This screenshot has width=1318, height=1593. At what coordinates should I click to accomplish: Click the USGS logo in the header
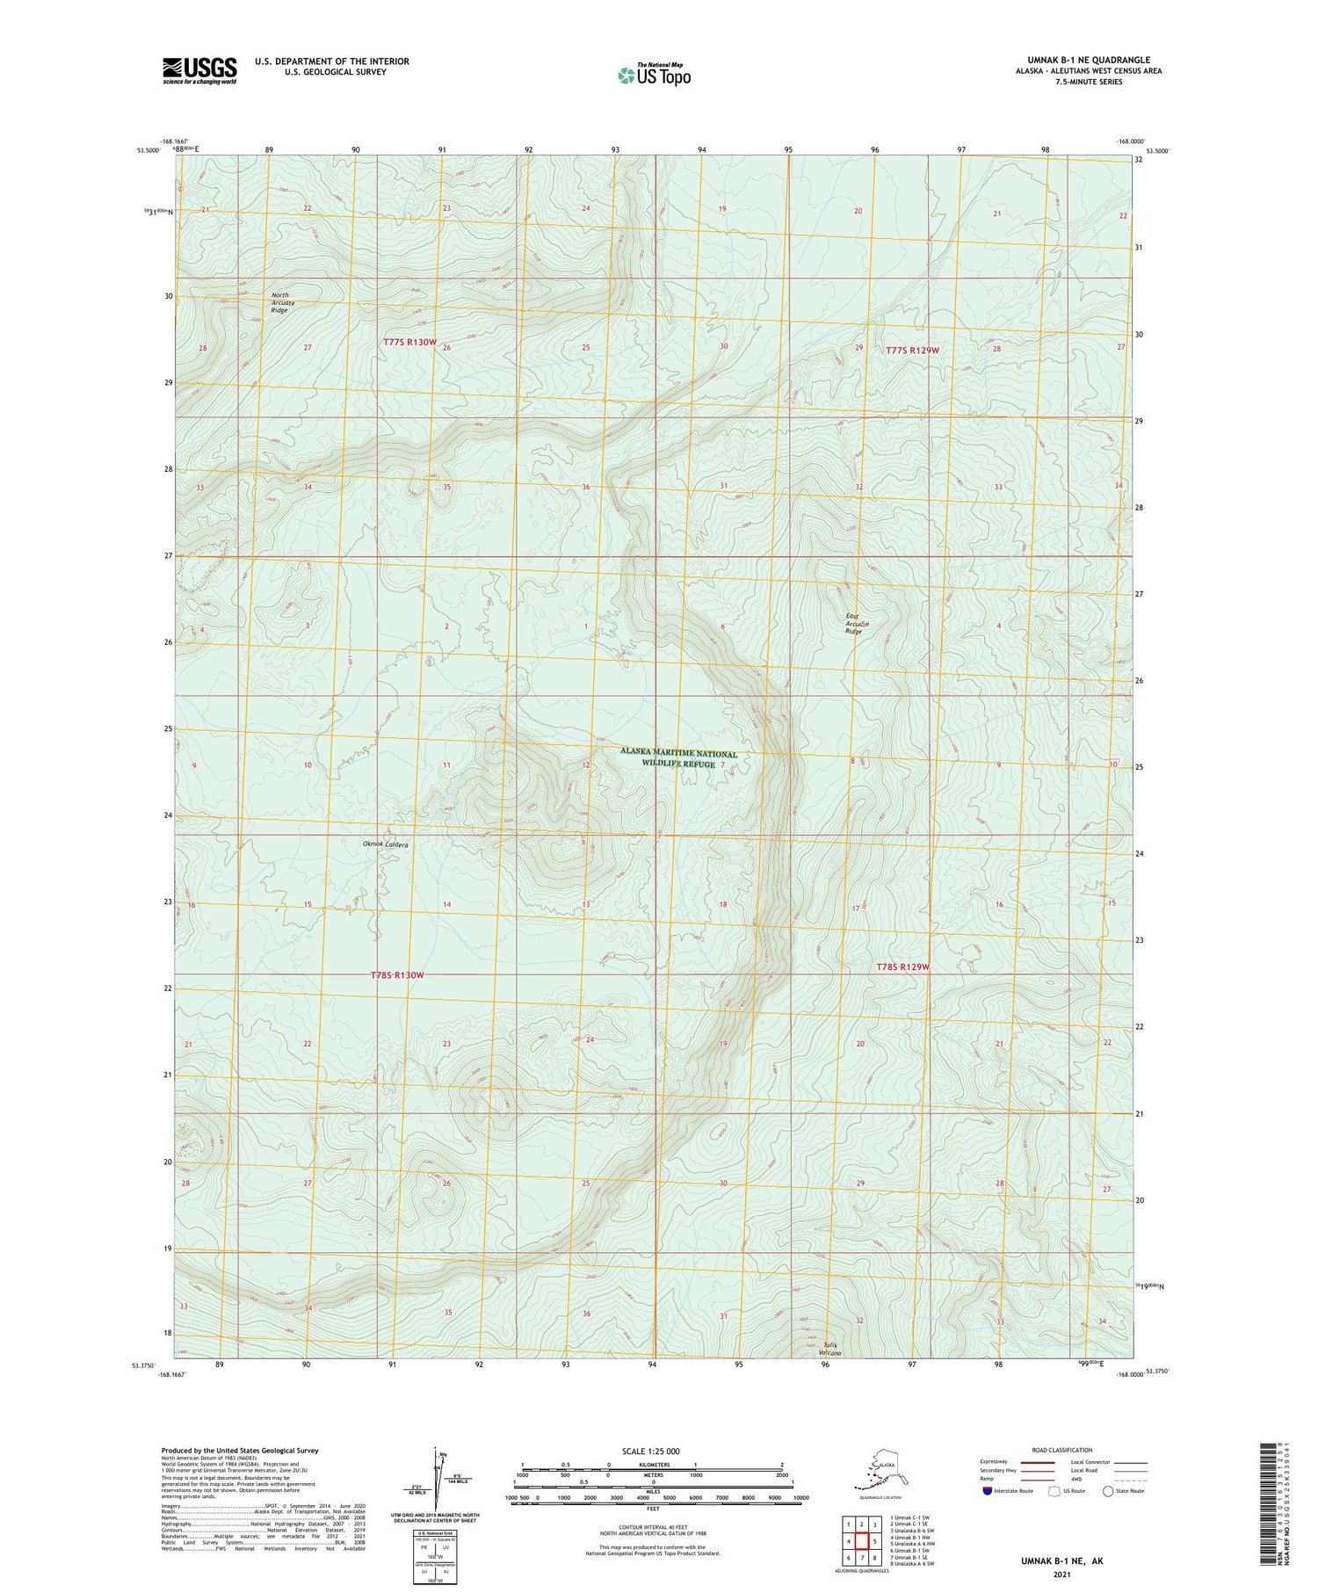199,70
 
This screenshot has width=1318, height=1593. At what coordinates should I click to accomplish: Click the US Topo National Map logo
654,75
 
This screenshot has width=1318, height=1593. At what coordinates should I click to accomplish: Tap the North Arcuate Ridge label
279,302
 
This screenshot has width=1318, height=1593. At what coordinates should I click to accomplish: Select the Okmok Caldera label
385,844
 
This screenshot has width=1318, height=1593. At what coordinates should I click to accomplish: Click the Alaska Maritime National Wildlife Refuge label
678,758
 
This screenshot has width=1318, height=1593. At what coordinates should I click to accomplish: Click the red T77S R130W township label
409,342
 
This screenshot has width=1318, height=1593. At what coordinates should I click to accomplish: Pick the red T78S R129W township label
902,967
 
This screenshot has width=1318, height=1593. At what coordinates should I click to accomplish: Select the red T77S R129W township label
912,350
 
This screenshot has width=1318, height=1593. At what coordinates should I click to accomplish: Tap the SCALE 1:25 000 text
651,1451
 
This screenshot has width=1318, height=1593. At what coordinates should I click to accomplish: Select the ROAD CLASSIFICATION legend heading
1062,1450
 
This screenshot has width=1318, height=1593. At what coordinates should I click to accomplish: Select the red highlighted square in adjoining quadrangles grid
862,1541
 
